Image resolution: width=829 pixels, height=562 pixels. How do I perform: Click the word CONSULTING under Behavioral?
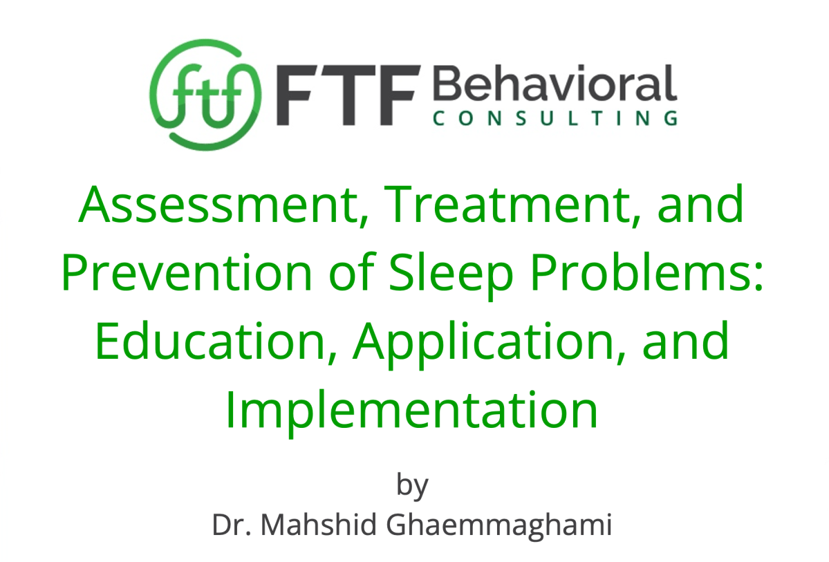(554, 119)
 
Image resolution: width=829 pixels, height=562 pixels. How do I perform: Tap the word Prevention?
(188, 274)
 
